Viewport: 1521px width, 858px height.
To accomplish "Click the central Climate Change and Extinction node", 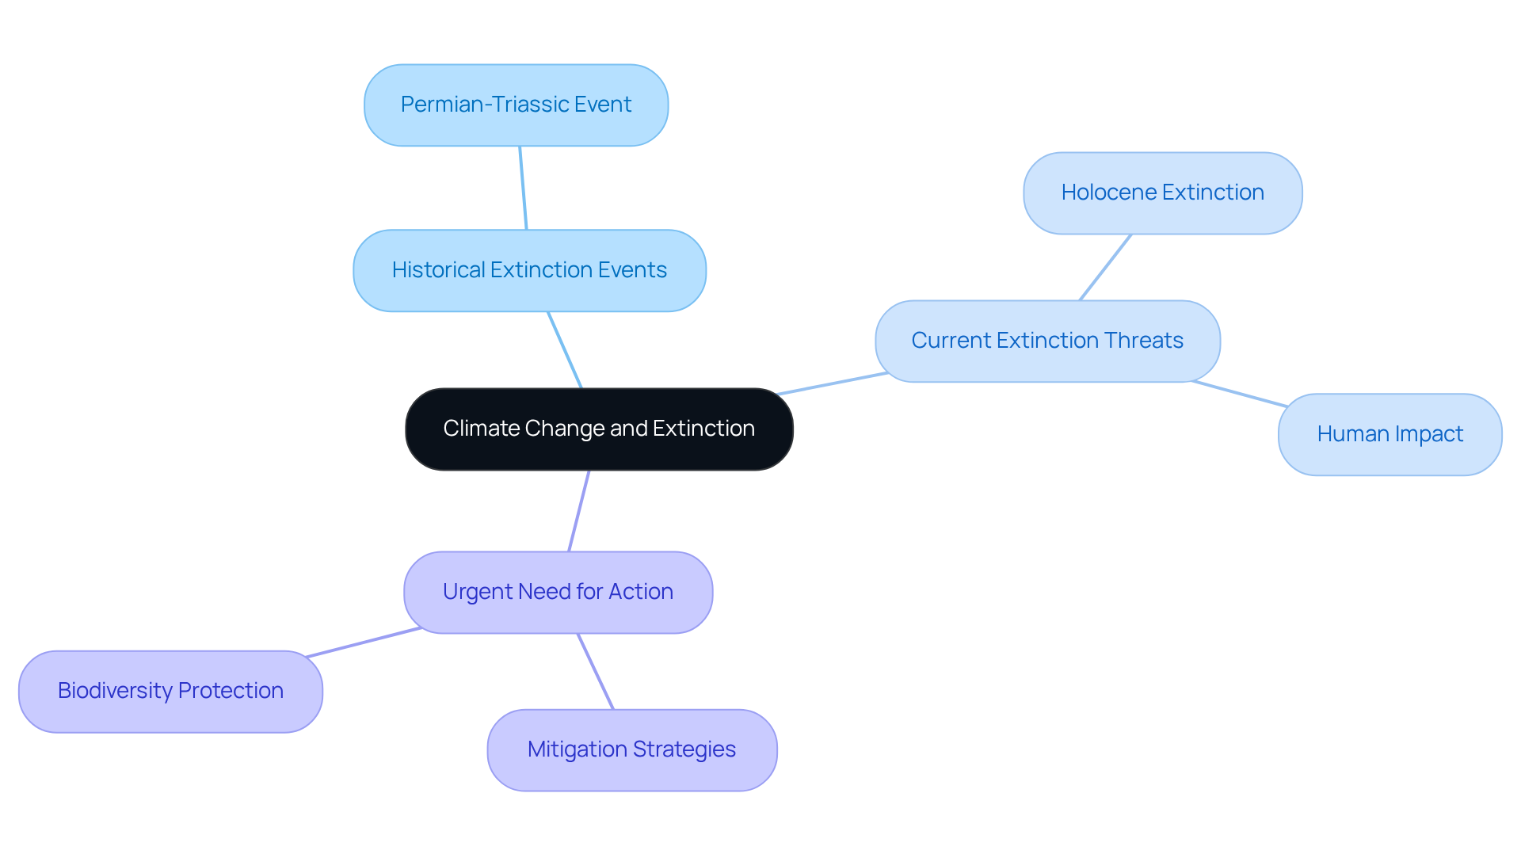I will pos(599,429).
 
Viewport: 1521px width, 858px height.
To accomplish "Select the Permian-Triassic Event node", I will pos(516,105).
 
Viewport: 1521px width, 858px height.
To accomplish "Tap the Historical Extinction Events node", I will pos(529,270).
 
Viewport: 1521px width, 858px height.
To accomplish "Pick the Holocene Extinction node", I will pos(1162,193).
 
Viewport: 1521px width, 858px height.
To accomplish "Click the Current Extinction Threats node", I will pos(1047,341).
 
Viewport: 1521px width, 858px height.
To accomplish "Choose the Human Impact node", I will pos(1389,434).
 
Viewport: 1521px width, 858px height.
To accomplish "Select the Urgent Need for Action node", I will pos(558,592).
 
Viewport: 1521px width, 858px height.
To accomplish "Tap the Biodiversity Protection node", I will pos(170,691).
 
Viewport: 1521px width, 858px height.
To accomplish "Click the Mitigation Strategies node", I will pos(631,749).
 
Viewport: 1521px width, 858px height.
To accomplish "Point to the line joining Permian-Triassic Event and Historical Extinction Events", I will pos(523,188).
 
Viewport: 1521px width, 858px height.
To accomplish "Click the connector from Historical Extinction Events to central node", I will pos(565,349).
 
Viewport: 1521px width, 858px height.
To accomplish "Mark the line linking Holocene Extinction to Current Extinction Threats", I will pos(1106,267).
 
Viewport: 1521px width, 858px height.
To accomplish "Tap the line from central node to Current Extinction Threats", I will pos(832,383).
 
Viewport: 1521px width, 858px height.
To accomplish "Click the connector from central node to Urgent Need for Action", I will pos(579,511).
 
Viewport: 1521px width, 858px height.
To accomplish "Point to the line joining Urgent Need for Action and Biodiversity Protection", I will pos(364,643).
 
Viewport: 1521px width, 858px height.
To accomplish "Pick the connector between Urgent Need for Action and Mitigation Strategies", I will pos(596,671).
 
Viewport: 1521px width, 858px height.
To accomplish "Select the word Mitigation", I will pos(576,749).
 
